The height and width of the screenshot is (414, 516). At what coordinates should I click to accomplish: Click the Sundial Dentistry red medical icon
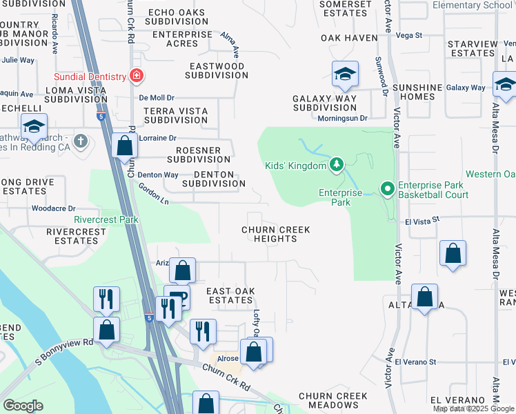[x=137, y=75]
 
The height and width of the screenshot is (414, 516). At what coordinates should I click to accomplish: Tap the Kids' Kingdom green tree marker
[x=336, y=165]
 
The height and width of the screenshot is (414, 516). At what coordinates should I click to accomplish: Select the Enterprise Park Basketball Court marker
[x=387, y=188]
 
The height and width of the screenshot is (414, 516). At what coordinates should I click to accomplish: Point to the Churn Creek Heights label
[x=275, y=234]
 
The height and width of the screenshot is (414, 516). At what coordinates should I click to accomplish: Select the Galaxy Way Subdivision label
[x=324, y=103]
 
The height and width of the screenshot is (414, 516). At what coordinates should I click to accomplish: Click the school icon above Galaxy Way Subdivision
[x=345, y=75]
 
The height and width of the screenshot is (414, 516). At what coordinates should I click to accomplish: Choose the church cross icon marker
[x=81, y=141]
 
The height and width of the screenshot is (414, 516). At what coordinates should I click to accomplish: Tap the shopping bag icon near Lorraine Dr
[x=123, y=146]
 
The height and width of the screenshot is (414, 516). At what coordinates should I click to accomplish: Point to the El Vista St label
[x=423, y=221]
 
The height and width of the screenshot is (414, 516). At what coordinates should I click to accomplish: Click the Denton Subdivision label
[x=213, y=179]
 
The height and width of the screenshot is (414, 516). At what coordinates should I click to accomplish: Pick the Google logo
[x=23, y=406]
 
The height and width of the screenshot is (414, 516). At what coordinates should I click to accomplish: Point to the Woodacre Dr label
[x=53, y=208]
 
